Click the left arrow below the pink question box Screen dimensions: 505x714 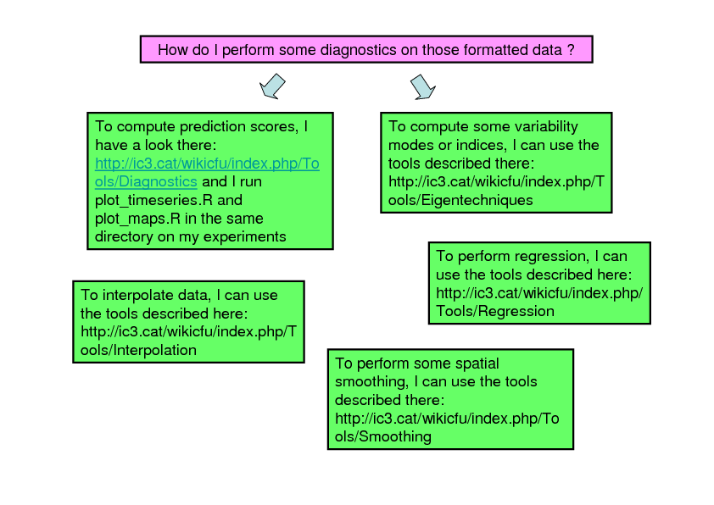pyautogui.click(x=272, y=86)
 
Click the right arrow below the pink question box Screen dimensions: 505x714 pyautogui.click(x=421, y=86)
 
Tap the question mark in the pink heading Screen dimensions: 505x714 pyautogui.click(x=571, y=50)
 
